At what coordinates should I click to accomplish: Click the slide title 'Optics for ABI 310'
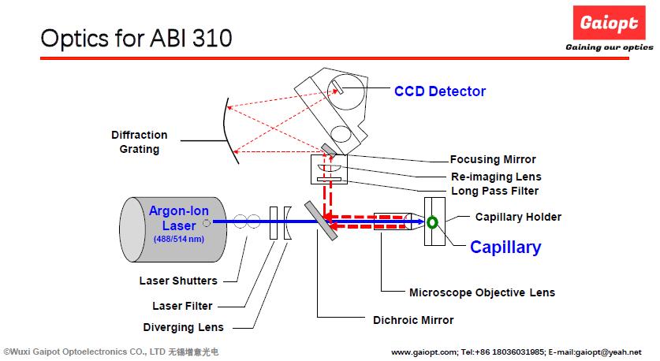[136, 37]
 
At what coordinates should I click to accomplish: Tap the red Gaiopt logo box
[610, 23]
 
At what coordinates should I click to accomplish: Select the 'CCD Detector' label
[440, 91]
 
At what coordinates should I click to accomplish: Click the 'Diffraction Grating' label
[139, 142]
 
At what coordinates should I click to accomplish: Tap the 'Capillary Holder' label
[518, 217]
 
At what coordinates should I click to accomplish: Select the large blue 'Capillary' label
[505, 247]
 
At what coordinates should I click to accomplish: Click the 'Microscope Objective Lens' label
[482, 292]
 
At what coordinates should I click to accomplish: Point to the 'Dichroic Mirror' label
[413, 321]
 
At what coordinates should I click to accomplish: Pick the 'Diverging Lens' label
[183, 327]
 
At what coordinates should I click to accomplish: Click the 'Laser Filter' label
[182, 306]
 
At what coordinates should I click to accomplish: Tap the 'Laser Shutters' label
[178, 281]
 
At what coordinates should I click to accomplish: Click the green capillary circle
[432, 222]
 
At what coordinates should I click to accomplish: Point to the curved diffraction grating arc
[229, 134]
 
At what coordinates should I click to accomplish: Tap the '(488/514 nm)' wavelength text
[172, 238]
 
